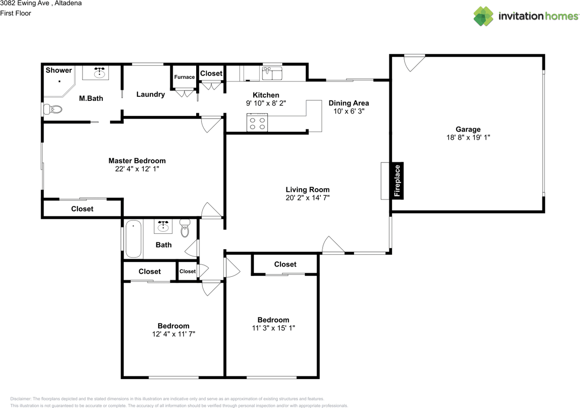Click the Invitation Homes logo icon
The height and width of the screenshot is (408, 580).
pyautogui.click(x=483, y=16)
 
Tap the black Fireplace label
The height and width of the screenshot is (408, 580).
pyautogui.click(x=397, y=180)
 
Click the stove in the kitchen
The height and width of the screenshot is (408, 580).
pyautogui.click(x=257, y=123)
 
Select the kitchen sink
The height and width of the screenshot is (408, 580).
pyautogui.click(x=272, y=73)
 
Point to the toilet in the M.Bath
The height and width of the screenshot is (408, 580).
pyautogui.click(x=53, y=109)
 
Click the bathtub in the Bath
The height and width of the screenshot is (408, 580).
pyautogui.click(x=134, y=238)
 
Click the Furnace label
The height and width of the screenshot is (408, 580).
pyautogui.click(x=184, y=77)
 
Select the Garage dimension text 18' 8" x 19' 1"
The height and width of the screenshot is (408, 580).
pyautogui.click(x=468, y=137)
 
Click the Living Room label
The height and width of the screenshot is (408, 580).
pyautogui.click(x=308, y=190)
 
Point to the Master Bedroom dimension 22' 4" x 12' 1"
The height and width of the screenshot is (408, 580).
pyautogui.click(x=137, y=169)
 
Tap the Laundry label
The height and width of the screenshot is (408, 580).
pyautogui.click(x=150, y=95)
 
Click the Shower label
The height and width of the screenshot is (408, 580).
pyautogui.click(x=58, y=70)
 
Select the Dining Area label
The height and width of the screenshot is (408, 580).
pyautogui.click(x=348, y=103)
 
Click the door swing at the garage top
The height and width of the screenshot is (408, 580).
pyautogui.click(x=414, y=62)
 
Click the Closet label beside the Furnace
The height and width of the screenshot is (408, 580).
pyautogui.click(x=211, y=73)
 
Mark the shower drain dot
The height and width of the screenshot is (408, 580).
pyautogui.click(x=59, y=81)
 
